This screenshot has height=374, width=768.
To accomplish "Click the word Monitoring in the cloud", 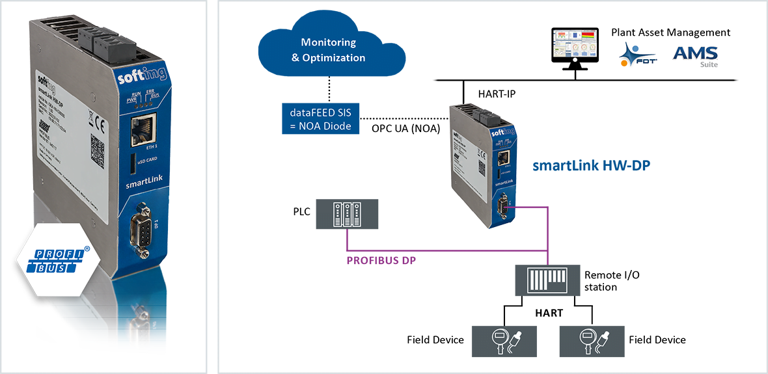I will coord(328,42).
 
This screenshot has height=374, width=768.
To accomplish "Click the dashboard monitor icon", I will coord(575,46).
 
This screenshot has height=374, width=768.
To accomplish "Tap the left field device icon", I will coord(504,342).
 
